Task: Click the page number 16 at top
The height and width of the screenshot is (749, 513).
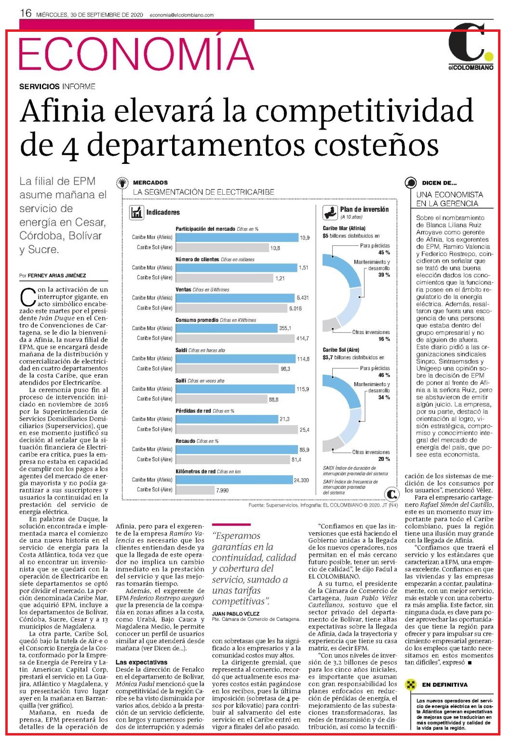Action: [x=26, y=13]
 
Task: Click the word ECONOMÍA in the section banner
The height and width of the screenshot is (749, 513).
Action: [x=136, y=54]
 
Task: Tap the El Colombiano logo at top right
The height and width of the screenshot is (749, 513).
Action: [x=471, y=46]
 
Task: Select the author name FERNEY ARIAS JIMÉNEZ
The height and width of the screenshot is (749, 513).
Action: [x=57, y=276]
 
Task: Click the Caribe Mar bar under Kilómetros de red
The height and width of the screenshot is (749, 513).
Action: [x=234, y=480]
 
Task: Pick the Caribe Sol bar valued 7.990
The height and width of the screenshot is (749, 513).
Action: [x=195, y=490]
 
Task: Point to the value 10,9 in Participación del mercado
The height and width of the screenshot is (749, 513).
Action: [x=305, y=238]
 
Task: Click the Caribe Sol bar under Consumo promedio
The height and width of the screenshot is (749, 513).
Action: [x=235, y=338]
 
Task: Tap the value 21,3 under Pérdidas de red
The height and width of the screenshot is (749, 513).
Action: [x=284, y=419]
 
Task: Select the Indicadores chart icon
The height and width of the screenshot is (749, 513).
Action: [x=136, y=213]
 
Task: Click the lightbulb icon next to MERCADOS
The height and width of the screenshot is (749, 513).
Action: [x=122, y=183]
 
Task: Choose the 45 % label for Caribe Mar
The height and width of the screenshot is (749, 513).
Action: [x=384, y=253]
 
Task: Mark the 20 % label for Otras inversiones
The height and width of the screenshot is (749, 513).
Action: [x=384, y=459]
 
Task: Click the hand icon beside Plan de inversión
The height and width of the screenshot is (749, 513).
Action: [x=330, y=213]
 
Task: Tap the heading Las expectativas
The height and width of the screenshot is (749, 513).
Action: [x=141, y=662]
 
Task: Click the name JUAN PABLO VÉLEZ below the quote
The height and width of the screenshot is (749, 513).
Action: [x=236, y=614]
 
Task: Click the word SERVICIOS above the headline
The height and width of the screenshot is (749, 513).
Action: [x=39, y=87]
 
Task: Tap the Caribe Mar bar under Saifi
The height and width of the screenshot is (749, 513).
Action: [x=235, y=389]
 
